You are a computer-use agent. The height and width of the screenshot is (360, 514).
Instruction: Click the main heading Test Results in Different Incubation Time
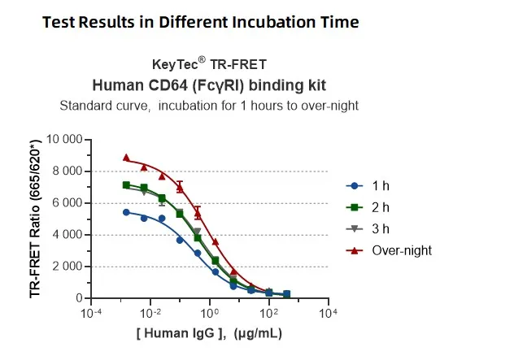(199, 22)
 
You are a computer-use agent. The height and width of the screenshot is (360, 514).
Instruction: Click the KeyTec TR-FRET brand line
(209, 63)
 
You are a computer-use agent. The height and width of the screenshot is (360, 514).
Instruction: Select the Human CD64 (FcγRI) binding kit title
(209, 85)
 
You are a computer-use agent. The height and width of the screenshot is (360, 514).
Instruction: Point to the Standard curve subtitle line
(209, 106)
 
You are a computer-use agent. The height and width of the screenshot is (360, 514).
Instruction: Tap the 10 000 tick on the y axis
(62, 140)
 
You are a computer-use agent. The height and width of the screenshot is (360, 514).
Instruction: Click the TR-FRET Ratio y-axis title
(36, 217)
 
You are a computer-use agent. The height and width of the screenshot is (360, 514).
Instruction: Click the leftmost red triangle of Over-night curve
(126, 158)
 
